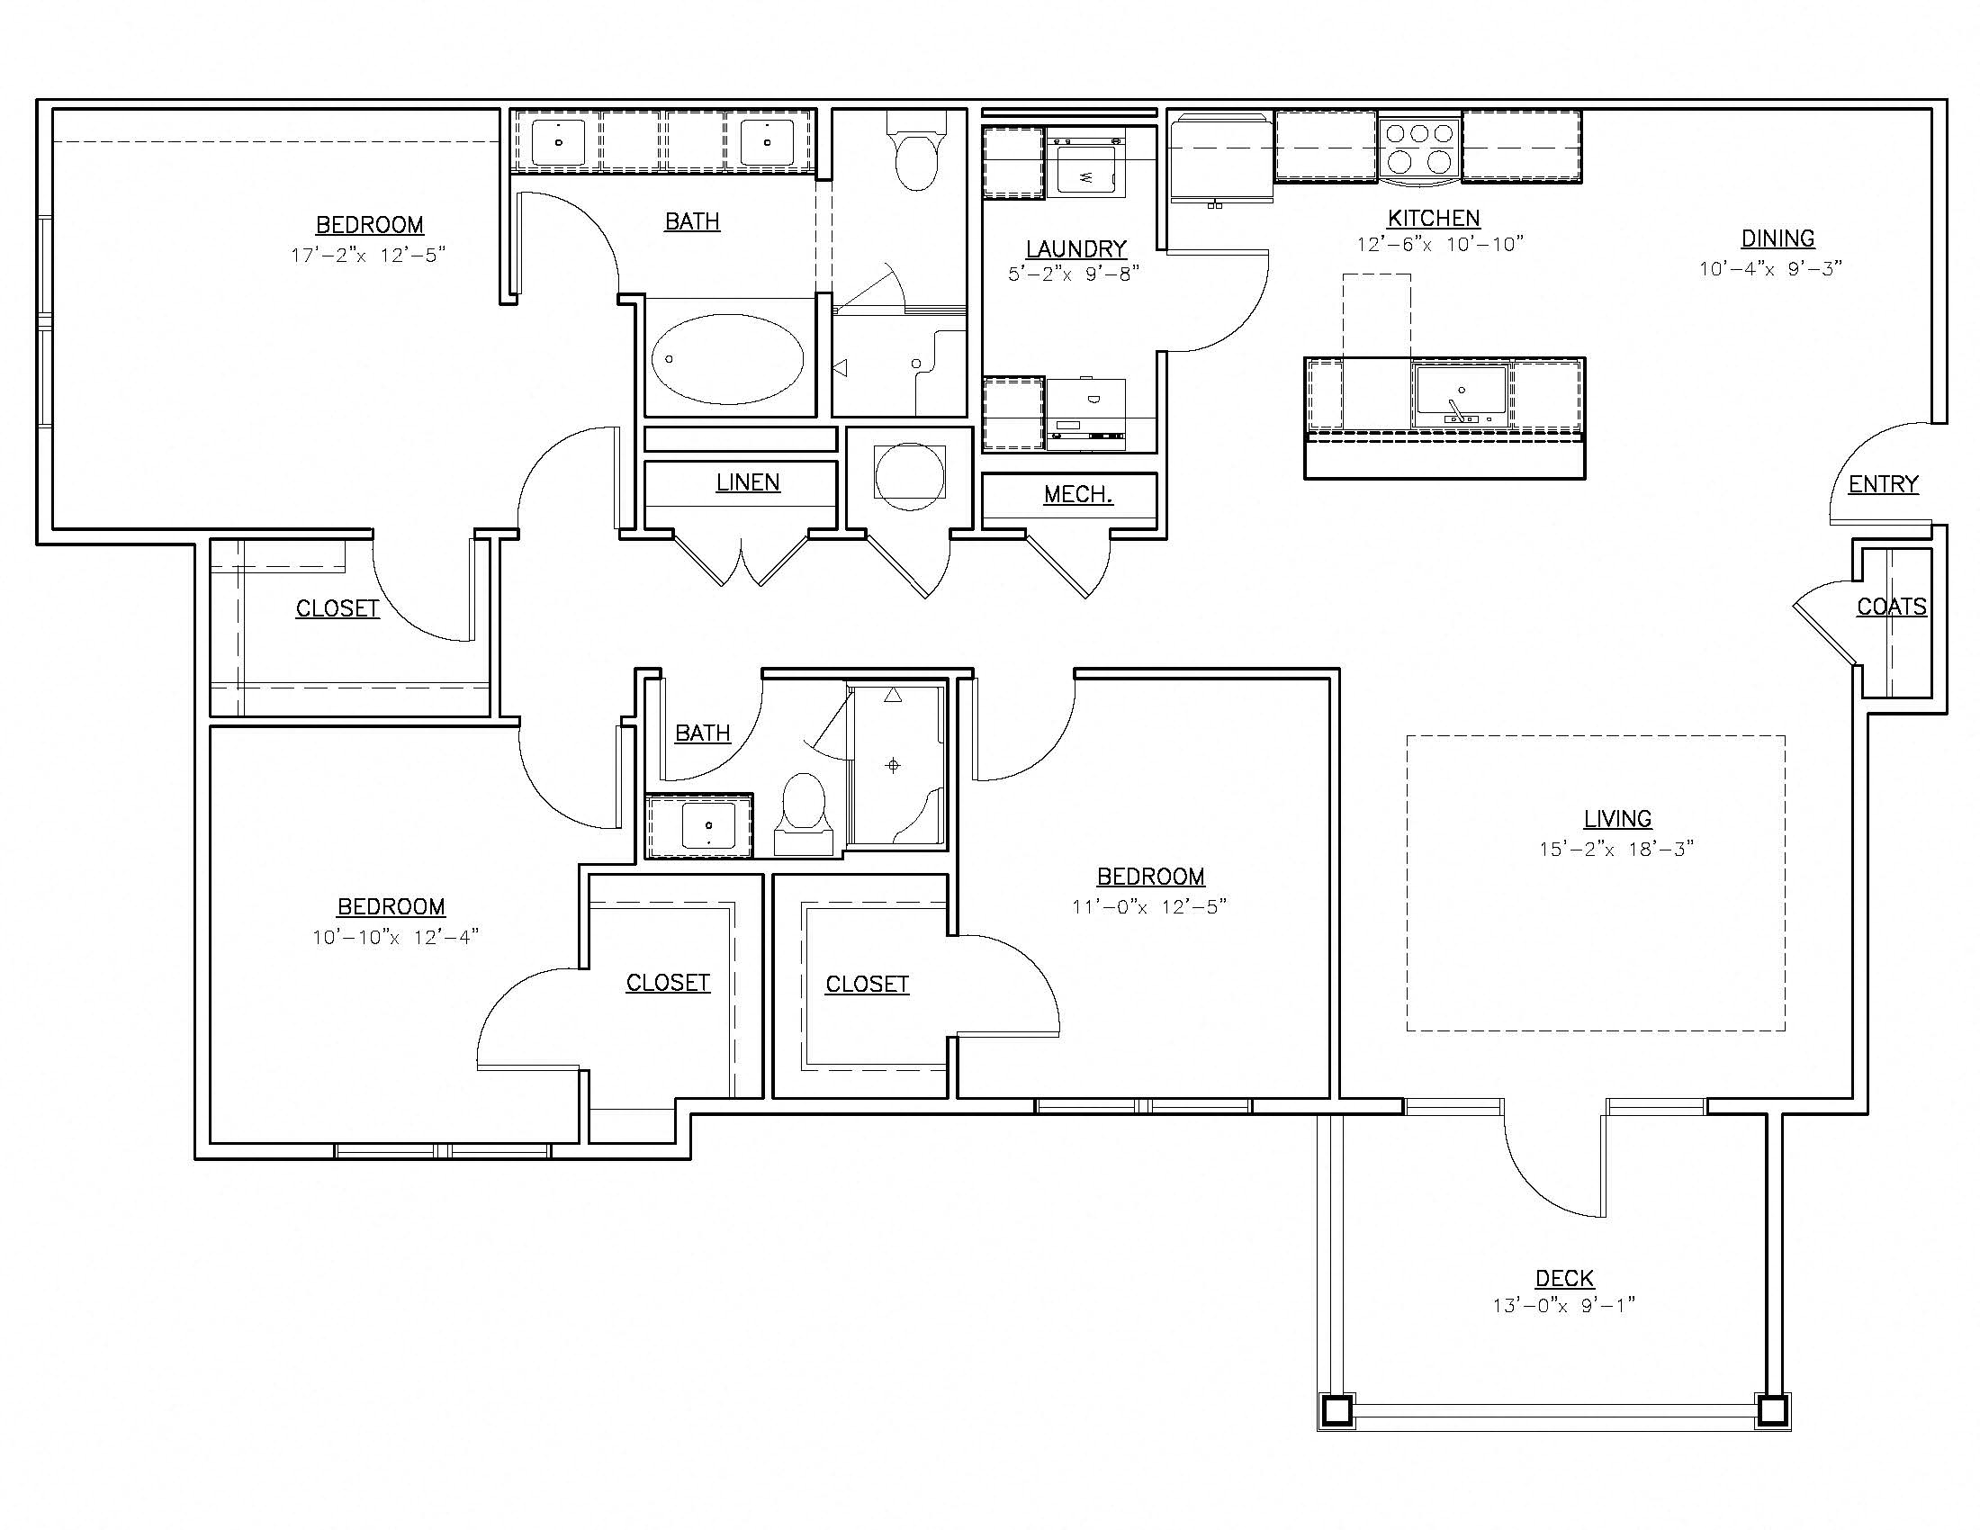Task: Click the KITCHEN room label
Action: (x=1434, y=219)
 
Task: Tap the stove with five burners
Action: (x=1419, y=148)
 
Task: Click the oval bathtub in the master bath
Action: (x=727, y=359)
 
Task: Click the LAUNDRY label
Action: (x=1076, y=249)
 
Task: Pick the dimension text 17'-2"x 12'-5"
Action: (x=368, y=256)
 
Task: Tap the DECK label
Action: (x=1564, y=1278)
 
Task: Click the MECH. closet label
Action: (x=1078, y=495)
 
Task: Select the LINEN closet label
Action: (x=748, y=483)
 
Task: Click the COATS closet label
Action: (x=1891, y=607)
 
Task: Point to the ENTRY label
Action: (x=1883, y=485)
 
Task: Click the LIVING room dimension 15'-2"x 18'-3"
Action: (x=1616, y=850)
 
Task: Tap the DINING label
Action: (x=1777, y=239)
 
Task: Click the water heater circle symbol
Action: (x=909, y=476)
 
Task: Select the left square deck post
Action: (x=1336, y=1410)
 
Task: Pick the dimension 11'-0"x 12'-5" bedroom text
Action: (x=1148, y=906)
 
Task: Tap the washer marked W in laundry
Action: (x=1087, y=171)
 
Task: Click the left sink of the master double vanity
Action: (x=558, y=142)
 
